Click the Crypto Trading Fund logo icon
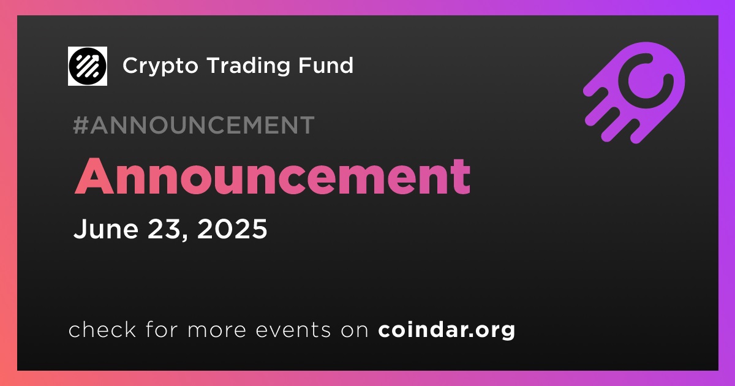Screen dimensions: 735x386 click(87, 66)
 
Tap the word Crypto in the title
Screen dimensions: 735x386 click(160, 66)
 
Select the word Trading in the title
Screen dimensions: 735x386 click(249, 66)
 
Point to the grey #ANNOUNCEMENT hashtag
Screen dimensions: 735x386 click(194, 125)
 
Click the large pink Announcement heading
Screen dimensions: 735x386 click(273, 176)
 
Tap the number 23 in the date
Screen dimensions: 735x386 click(164, 229)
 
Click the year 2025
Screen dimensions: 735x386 click(232, 229)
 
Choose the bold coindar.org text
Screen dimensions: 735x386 click(447, 330)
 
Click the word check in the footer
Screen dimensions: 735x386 click(102, 330)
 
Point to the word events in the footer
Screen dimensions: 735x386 click(293, 330)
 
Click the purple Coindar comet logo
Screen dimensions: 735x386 click(634, 93)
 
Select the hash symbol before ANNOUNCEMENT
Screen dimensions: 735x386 click(81, 125)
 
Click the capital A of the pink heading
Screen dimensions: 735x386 click(94, 177)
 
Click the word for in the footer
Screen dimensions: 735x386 click(162, 330)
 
